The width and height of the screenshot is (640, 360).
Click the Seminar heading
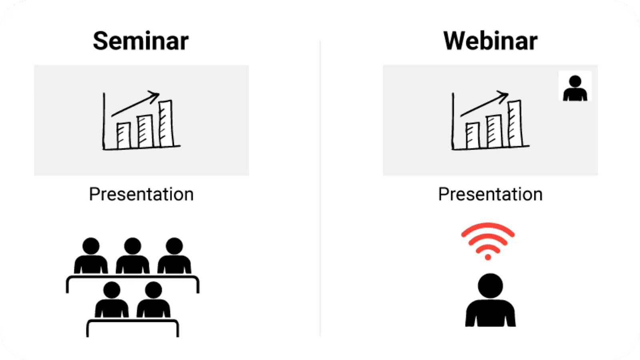(140, 41)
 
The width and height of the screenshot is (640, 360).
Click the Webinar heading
(490, 41)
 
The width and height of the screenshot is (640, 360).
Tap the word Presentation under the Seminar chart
(142, 194)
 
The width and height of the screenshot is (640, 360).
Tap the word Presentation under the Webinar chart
(490, 194)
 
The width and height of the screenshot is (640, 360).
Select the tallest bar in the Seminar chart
(166, 124)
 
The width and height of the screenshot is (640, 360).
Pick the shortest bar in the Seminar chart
(124, 136)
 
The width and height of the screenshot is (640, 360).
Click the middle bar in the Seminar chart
(145, 132)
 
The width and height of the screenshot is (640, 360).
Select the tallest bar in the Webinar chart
(515, 124)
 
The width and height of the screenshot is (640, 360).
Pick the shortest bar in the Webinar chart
(473, 136)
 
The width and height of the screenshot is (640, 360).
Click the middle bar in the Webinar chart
(494, 132)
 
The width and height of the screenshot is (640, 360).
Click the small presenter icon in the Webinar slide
(575, 88)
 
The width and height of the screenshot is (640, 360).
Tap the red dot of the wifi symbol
(488, 257)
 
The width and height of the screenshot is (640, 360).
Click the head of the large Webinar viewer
(490, 286)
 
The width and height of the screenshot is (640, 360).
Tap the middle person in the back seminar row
(132, 256)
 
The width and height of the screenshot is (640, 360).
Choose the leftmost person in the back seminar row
(91, 256)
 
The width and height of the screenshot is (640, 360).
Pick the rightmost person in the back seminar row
(174, 256)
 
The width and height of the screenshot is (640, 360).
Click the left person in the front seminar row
(112, 300)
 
